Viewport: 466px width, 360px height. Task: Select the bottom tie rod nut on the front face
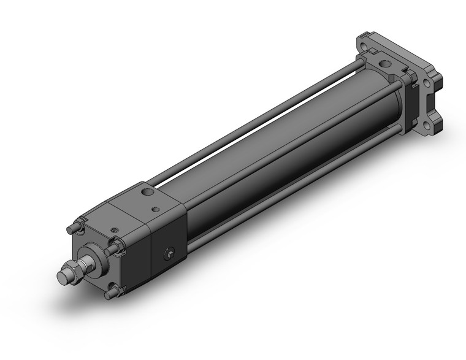pos(110,293)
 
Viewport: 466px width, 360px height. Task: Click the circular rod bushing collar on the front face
pos(92,255)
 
